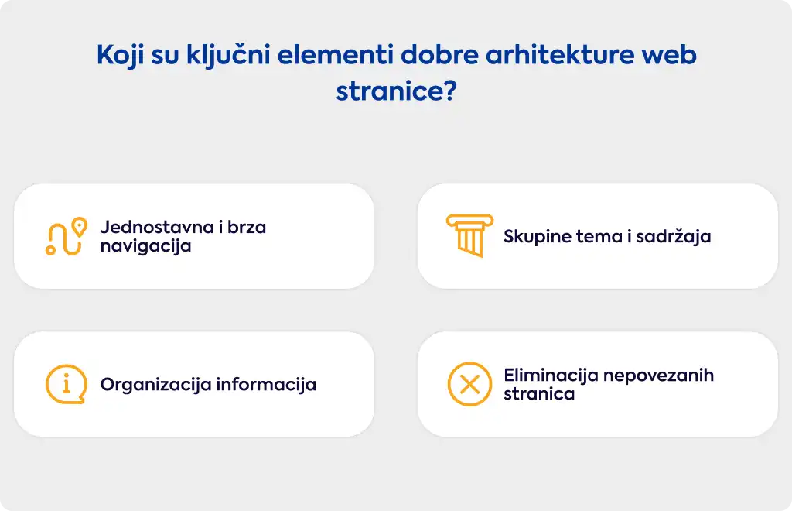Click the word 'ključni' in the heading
coord(229,56)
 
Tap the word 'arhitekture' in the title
coord(560,55)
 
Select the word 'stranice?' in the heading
coord(397,91)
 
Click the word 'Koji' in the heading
coord(120,56)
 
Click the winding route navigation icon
coord(67,237)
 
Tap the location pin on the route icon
coord(80,227)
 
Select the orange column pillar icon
coord(469,235)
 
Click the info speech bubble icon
coord(67,384)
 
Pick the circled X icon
coord(469,384)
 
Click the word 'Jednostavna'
coord(157,228)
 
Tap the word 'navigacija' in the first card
coord(145,247)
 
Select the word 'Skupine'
coord(537,237)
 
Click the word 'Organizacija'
coord(155,385)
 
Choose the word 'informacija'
coord(266,385)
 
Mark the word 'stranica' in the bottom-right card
coord(539,394)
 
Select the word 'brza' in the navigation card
coord(247,228)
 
